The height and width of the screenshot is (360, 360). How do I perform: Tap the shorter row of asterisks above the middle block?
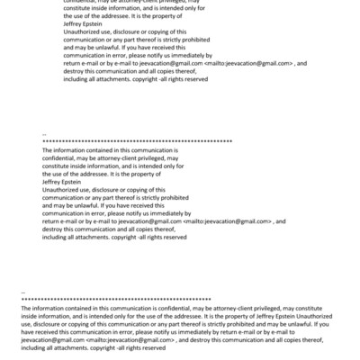[x=137, y=142]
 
